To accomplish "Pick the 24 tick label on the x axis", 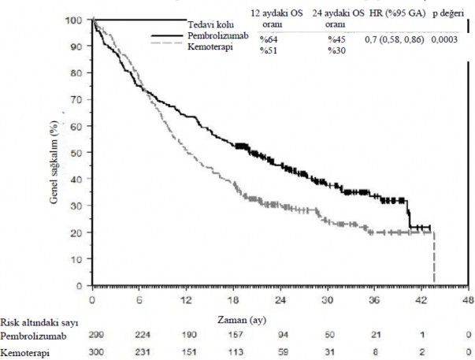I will click(280, 300).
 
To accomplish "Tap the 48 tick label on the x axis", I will click(467, 300).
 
